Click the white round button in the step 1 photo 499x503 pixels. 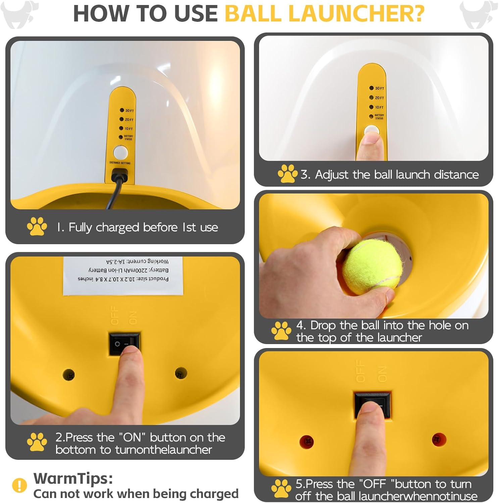[x=121, y=153]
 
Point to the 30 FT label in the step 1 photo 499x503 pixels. [x=129, y=111]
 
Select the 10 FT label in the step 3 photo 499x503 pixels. [x=379, y=108]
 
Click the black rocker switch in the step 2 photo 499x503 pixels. [x=124, y=344]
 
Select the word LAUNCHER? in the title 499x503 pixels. [x=356, y=13]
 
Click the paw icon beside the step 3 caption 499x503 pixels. [x=287, y=174]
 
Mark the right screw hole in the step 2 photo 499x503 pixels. [x=181, y=373]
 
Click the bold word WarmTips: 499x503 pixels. [x=73, y=479]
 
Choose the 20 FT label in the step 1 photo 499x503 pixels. [x=129, y=120]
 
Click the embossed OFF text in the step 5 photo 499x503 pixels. [x=360, y=371]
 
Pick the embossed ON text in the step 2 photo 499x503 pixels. [x=133, y=318]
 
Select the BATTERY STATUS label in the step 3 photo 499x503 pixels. [x=379, y=117]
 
